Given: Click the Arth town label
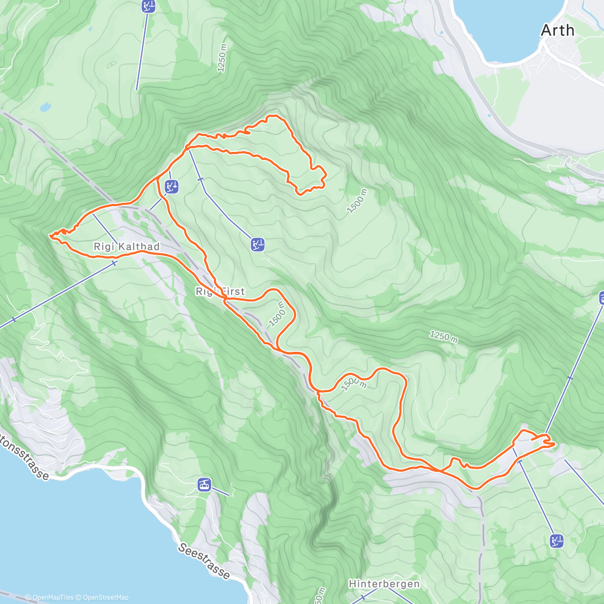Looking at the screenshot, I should pyautogui.click(x=557, y=31).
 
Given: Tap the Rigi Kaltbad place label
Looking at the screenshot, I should pyautogui.click(x=126, y=247).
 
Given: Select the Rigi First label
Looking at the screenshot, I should pyautogui.click(x=220, y=291).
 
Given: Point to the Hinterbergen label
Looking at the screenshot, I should pyautogui.click(x=384, y=584).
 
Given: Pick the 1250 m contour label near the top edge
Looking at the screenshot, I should pyautogui.click(x=222, y=58).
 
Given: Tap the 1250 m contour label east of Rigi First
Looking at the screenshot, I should pyautogui.click(x=443, y=337).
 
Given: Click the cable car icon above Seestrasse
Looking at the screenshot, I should pyautogui.click(x=204, y=484).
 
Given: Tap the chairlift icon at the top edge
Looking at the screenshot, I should pyautogui.click(x=148, y=6).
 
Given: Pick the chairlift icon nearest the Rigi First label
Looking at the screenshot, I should pyautogui.click(x=258, y=245).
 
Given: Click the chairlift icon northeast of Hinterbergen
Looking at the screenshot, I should pyautogui.click(x=556, y=541).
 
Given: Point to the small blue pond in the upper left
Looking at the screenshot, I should pyautogui.click(x=45, y=107).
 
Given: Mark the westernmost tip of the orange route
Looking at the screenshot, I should pyautogui.click(x=50, y=235).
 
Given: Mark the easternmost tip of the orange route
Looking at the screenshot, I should pyautogui.click(x=554, y=444).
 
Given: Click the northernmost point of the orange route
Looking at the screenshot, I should pyautogui.click(x=274, y=116).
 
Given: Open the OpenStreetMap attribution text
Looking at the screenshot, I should pyautogui.click(x=105, y=597).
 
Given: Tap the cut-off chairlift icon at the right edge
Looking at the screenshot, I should pyautogui.click(x=601, y=298).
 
